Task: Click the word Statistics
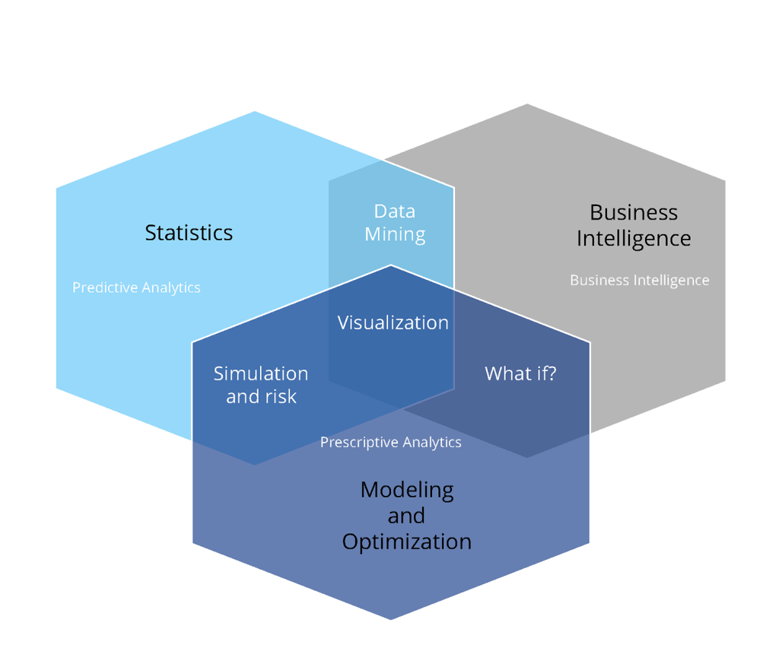point(189,232)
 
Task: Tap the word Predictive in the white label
point(103,287)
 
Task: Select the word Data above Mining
point(395,211)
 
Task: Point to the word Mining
point(395,234)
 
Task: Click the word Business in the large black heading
point(634,212)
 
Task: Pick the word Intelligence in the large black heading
point(634,238)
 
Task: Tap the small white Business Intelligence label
point(639,280)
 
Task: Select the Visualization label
point(393,322)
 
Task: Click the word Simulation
point(261,373)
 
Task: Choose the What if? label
point(520,373)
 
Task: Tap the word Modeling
point(407,490)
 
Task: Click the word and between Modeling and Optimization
point(406,516)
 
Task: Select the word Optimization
point(407,542)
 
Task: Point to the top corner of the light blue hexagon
point(255,112)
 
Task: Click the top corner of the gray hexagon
point(527,104)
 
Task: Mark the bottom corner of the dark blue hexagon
point(391,619)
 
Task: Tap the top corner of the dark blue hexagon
point(391,265)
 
